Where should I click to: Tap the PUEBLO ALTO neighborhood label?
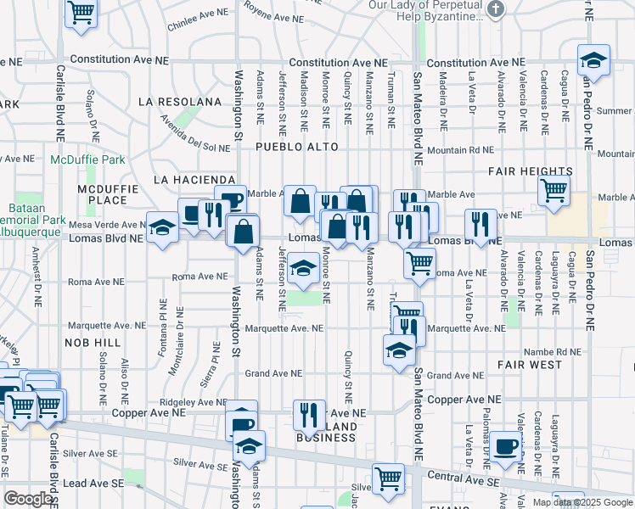(297, 148)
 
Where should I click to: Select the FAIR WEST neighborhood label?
(530, 365)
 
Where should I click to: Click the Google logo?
(28, 499)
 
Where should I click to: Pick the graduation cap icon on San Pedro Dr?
(593, 60)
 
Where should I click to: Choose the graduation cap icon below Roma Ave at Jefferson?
(302, 269)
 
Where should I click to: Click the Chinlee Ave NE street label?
(199, 20)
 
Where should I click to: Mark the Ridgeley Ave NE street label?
(194, 402)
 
